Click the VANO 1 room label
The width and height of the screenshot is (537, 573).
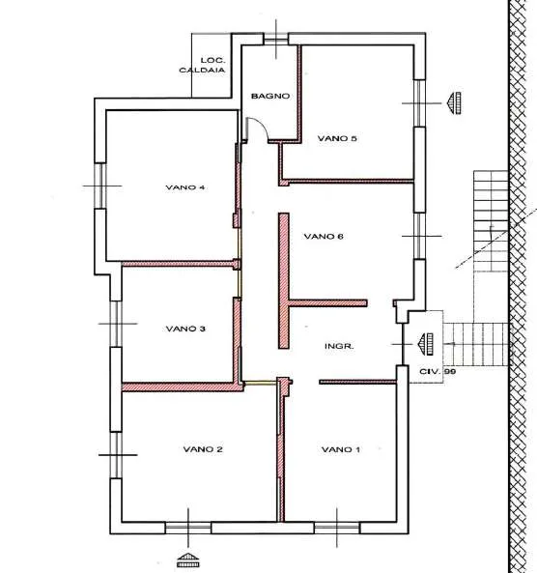(x=341, y=449)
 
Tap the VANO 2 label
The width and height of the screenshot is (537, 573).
(x=203, y=448)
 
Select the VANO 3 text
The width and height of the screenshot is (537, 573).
(x=185, y=329)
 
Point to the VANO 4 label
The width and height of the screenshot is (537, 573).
(x=184, y=187)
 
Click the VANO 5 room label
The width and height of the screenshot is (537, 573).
(x=337, y=138)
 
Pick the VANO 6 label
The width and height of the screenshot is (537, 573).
(x=324, y=236)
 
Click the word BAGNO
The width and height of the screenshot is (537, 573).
(x=270, y=96)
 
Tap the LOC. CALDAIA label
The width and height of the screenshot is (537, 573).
(x=202, y=65)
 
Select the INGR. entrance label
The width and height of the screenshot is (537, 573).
(x=339, y=346)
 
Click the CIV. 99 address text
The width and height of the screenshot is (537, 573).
(x=438, y=371)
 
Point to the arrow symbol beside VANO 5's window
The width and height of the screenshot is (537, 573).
(x=454, y=103)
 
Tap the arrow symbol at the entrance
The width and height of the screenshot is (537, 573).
(x=426, y=344)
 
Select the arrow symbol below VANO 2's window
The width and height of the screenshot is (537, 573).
(x=188, y=559)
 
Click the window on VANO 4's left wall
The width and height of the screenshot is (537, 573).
(x=100, y=186)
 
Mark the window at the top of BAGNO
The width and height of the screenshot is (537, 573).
(x=276, y=39)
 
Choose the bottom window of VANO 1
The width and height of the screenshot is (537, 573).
(x=337, y=528)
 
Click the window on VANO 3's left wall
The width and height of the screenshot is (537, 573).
(x=116, y=324)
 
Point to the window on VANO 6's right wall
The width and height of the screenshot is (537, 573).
(x=419, y=236)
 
